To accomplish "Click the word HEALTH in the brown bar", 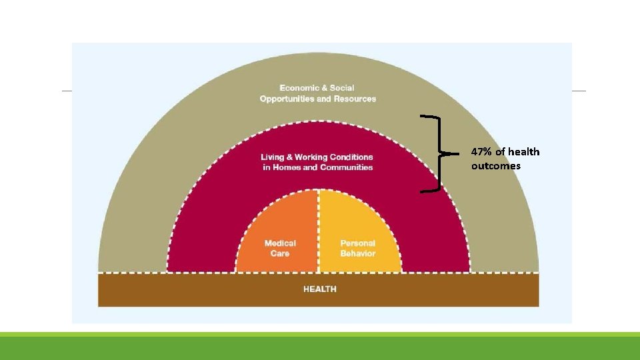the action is point(319,289).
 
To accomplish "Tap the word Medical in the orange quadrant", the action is point(280,243).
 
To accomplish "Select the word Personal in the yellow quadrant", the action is point(358,243).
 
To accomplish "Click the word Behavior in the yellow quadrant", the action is point(358,253).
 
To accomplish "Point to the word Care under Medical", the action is point(280,253).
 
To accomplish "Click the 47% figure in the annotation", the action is point(481,152).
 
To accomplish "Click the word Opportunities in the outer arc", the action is point(287,99).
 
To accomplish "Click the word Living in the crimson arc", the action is point(274,157).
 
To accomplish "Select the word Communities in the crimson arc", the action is point(346,167).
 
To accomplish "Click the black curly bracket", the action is point(438,153).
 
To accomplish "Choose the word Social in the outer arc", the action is point(342,88).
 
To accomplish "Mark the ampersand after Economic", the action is point(324,88).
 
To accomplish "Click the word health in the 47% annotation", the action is point(524,152).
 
